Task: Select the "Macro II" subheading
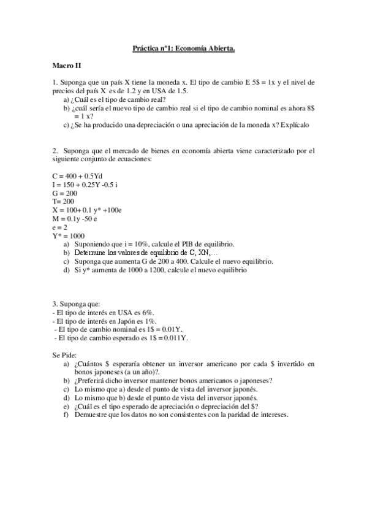point(67,65)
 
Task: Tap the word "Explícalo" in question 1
point(295,124)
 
